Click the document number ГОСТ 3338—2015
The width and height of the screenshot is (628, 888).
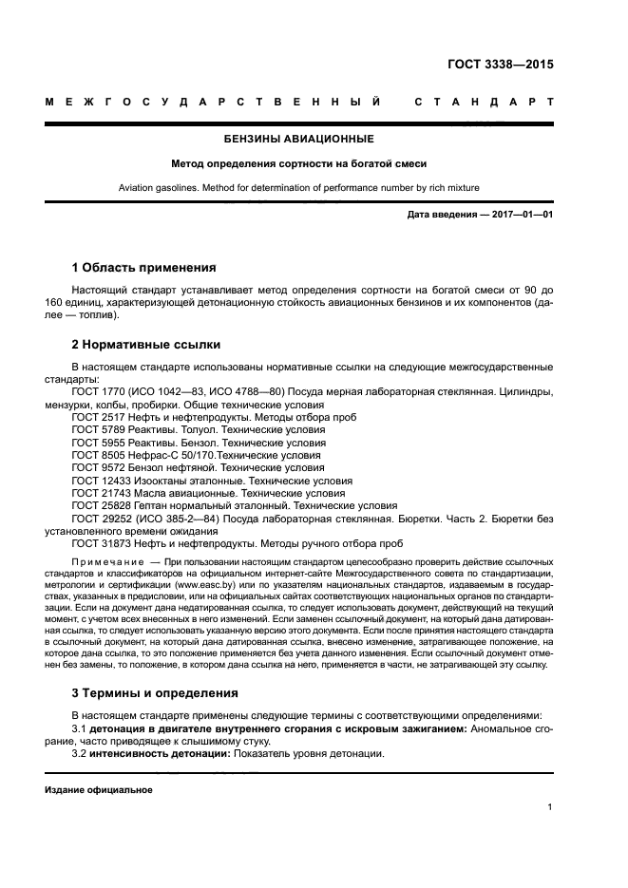pyautogui.click(x=500, y=66)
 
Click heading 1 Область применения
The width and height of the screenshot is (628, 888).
pyautogui.click(x=143, y=267)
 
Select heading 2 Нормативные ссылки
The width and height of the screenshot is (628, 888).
pyautogui.click(x=146, y=344)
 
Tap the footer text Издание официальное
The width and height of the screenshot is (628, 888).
pyautogui.click(x=98, y=790)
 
